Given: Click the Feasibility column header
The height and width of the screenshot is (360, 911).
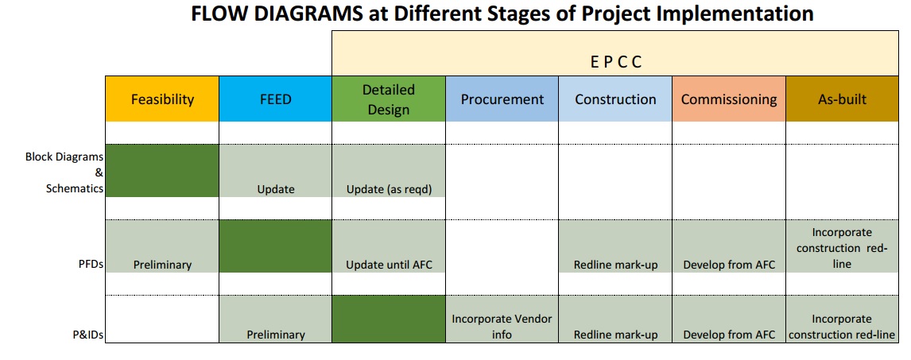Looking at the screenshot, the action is pyautogui.click(x=162, y=99).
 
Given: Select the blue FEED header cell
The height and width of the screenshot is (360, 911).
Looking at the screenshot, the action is pyautogui.click(x=275, y=99).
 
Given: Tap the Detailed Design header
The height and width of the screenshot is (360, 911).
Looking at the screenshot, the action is pyautogui.click(x=389, y=99).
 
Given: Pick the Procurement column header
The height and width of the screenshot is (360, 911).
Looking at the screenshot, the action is pyautogui.click(x=502, y=99).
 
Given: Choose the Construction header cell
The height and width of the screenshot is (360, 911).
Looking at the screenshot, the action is pyautogui.click(x=615, y=99).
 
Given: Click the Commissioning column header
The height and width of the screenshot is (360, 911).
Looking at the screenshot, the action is pyautogui.click(x=729, y=99).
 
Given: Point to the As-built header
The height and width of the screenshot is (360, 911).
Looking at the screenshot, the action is pyautogui.click(x=842, y=99).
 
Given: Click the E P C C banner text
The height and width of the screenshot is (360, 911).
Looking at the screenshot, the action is pyautogui.click(x=616, y=62).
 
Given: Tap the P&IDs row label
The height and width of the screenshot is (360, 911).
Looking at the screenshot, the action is pyautogui.click(x=88, y=335).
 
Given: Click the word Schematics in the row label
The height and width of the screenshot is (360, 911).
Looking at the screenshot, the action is pyautogui.click(x=75, y=188).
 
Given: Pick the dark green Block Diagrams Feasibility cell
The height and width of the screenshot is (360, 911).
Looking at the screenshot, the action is pyautogui.click(x=162, y=171).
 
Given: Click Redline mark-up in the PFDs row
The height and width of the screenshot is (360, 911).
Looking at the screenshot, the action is pyautogui.click(x=615, y=265).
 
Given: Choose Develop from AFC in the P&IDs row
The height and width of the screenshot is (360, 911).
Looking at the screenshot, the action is pyautogui.click(x=729, y=335).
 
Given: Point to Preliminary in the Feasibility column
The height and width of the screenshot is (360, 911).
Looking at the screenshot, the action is pyautogui.click(x=162, y=265).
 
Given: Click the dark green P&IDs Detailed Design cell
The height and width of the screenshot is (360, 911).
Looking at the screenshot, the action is pyautogui.click(x=389, y=319).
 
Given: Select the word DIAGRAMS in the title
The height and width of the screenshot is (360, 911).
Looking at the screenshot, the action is pyautogui.click(x=301, y=14).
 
